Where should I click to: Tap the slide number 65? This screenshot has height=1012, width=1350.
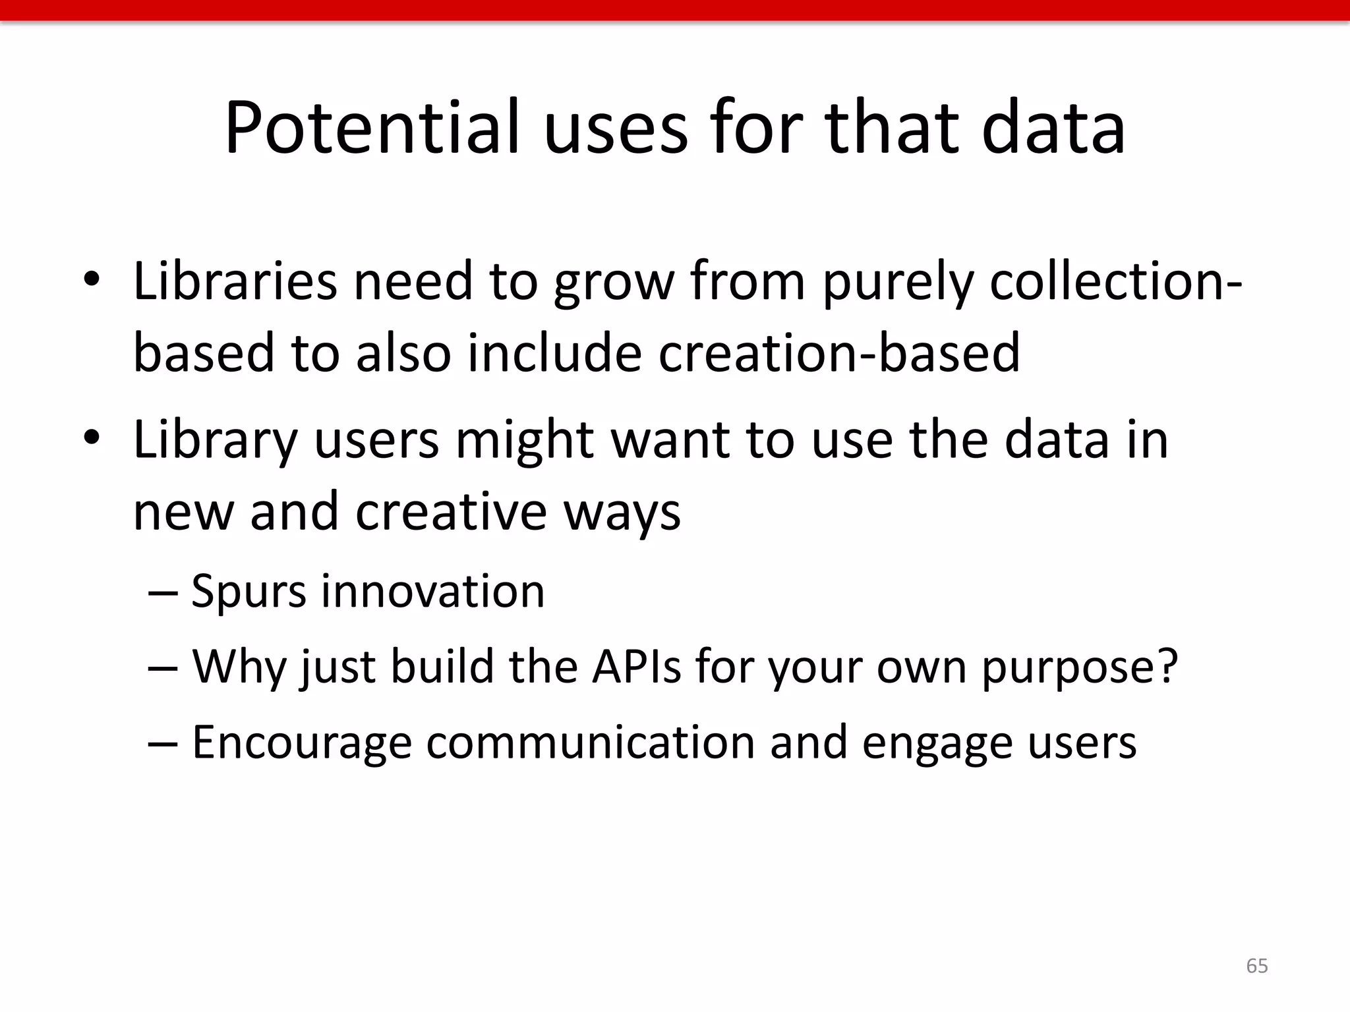click(1256, 965)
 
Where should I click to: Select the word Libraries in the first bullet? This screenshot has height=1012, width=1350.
click(235, 281)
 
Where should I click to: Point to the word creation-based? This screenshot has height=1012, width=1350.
click(838, 352)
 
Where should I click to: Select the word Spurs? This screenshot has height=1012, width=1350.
click(249, 591)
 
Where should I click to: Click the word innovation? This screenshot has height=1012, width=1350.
click(433, 591)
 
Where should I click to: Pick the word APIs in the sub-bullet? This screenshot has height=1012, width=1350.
click(636, 667)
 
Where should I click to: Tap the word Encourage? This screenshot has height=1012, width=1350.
click(302, 743)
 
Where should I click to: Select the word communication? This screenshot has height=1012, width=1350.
click(590, 742)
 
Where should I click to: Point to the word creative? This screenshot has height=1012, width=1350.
click(451, 512)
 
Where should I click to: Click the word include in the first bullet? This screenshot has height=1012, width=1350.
click(554, 352)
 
